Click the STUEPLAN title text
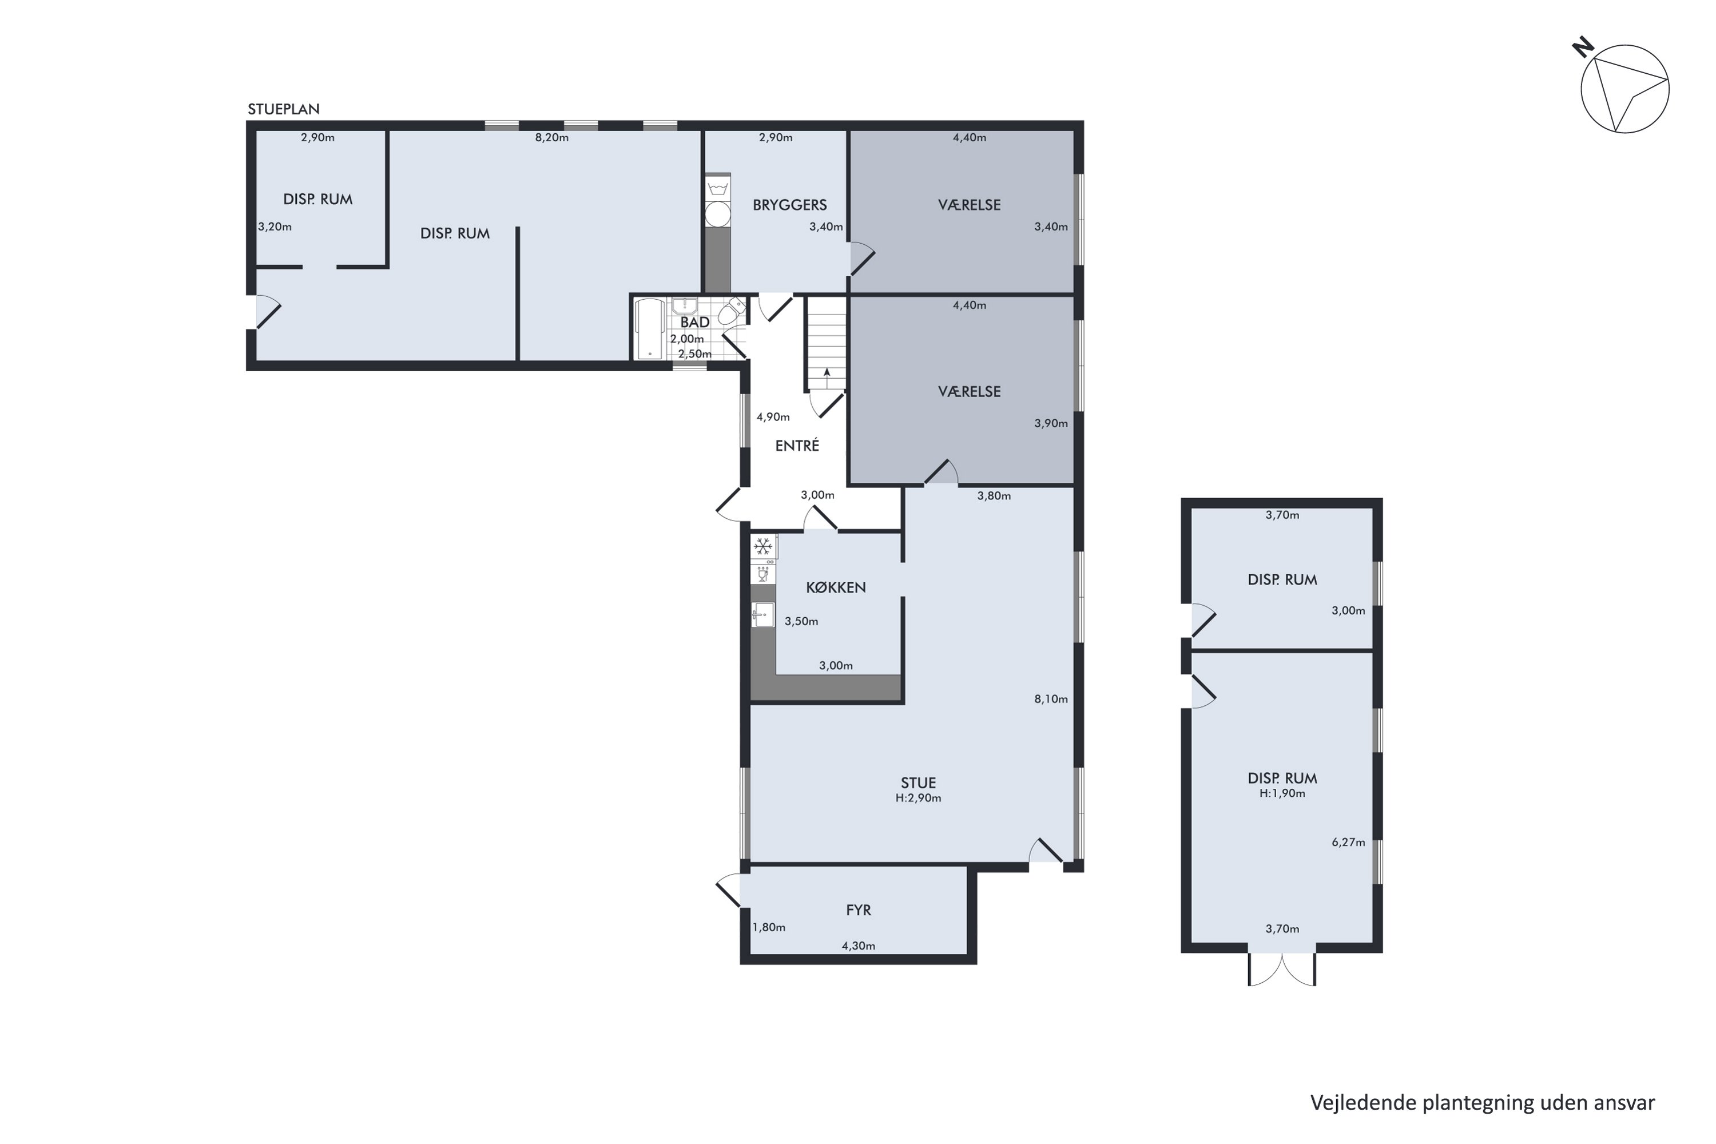tap(283, 109)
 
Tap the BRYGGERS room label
tap(789, 205)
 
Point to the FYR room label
tap(858, 910)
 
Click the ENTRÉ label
tap(797, 445)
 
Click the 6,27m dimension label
tap(1348, 842)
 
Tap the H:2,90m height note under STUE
tap(918, 798)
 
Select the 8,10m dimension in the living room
tap(1051, 699)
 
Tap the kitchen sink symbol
tap(762, 614)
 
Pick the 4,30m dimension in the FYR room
tap(858, 946)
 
